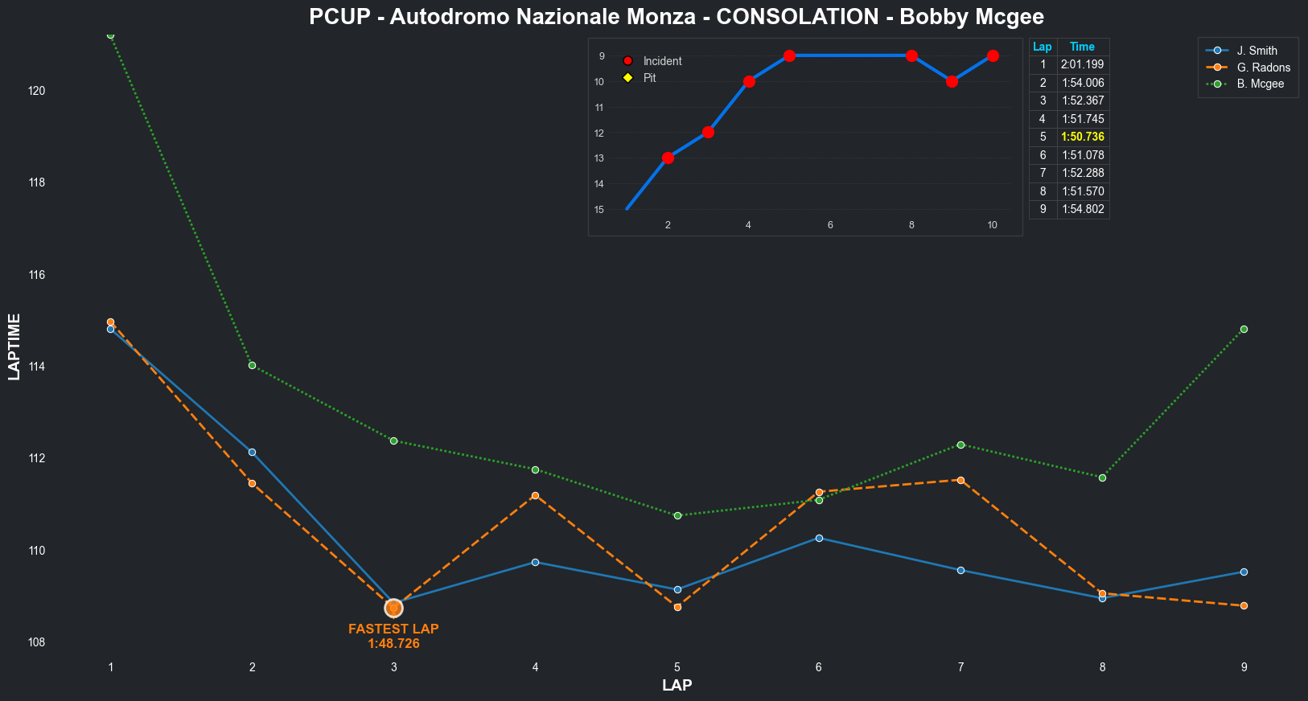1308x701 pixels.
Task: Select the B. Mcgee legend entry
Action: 1260,84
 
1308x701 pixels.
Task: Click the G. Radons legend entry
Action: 1263,68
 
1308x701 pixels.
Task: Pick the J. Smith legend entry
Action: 1257,51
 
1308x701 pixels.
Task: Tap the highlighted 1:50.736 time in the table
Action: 1083,137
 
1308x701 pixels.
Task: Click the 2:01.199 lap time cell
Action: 1083,64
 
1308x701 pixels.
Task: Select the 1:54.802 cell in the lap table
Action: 1083,209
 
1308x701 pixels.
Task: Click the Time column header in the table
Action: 1083,47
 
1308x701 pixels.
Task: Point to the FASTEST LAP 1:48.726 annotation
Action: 393,636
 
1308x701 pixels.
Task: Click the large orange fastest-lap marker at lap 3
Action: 393,608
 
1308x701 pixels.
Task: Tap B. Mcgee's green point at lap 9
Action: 1244,329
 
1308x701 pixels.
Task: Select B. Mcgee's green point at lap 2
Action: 252,365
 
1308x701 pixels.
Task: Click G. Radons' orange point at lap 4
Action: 535,495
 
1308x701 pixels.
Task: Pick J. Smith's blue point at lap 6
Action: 819,538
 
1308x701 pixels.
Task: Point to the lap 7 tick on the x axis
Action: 960,667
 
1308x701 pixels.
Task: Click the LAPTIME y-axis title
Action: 14,347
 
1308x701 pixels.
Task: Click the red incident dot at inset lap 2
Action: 668,158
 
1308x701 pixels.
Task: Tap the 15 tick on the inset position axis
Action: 599,210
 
